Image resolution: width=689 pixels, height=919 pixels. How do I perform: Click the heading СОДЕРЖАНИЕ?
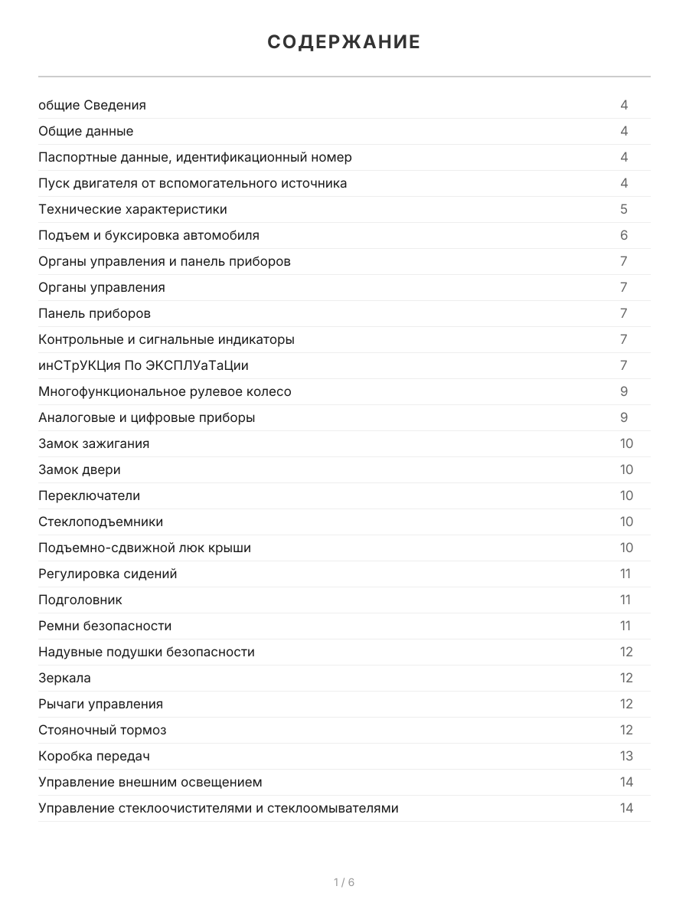[344, 42]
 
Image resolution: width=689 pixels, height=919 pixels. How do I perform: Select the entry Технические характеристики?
[132, 209]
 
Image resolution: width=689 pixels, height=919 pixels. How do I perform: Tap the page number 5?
[624, 209]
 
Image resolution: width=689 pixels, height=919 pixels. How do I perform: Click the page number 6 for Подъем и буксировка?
[624, 235]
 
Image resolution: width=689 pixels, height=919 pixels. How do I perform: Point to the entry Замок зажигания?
[93, 443]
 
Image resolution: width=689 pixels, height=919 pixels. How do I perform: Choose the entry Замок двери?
[80, 469]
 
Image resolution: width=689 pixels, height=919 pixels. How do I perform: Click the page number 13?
[626, 756]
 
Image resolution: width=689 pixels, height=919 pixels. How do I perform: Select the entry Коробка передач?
[93, 756]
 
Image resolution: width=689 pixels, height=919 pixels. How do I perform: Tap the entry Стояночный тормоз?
[102, 730]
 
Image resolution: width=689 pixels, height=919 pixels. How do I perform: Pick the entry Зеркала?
[64, 678]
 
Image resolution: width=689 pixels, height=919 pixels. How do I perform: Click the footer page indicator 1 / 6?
[344, 882]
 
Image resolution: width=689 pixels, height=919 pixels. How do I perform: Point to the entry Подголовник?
[80, 600]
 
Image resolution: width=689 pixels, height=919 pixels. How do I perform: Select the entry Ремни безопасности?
[105, 626]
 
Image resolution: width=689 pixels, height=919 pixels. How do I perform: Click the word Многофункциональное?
[100, 391]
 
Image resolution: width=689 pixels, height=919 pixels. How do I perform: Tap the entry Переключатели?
[89, 495]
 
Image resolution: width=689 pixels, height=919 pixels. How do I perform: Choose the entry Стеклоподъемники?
[100, 522]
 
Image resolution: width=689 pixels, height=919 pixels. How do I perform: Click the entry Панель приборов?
[94, 313]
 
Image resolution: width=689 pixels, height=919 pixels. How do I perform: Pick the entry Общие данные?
[86, 131]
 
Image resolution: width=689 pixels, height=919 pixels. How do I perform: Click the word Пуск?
[52, 183]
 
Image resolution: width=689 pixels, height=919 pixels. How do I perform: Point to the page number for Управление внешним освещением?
[626, 782]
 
